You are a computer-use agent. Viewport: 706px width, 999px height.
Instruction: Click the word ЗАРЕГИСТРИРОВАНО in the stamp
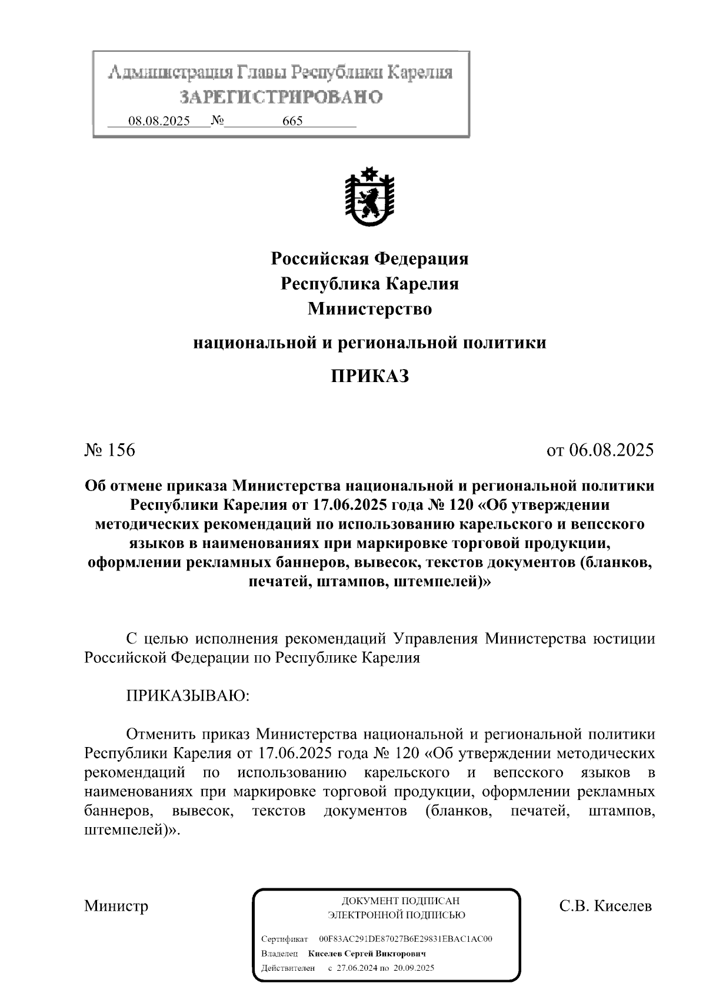pos(281,97)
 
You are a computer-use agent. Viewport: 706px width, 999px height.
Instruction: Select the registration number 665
pos(292,121)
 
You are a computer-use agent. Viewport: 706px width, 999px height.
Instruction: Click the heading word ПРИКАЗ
pos(369,376)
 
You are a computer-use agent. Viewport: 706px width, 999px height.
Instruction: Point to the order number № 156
pos(110,450)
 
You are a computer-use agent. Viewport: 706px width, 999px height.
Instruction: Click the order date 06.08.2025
pos(611,450)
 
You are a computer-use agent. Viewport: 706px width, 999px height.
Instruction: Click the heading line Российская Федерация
pos(369,258)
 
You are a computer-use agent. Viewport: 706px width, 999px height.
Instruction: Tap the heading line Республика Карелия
pos(369,284)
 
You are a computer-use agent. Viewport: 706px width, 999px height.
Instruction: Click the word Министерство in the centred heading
pos(369,308)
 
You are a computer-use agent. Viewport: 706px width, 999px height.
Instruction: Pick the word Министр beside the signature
pos(116,905)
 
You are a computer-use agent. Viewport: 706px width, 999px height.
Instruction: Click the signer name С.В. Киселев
pos(605,905)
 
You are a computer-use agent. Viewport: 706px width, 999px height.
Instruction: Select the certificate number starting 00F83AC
pos(405,938)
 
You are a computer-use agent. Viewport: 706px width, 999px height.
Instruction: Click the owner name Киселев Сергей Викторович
pos(367,953)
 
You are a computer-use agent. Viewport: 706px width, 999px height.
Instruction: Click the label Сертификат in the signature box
pos(284,938)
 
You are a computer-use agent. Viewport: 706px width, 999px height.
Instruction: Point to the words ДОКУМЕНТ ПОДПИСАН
pos(400,901)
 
